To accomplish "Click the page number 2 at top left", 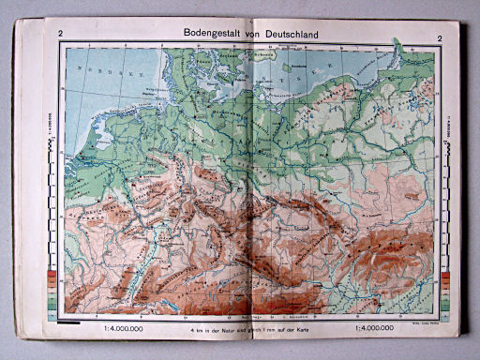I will [x=61, y=37].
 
